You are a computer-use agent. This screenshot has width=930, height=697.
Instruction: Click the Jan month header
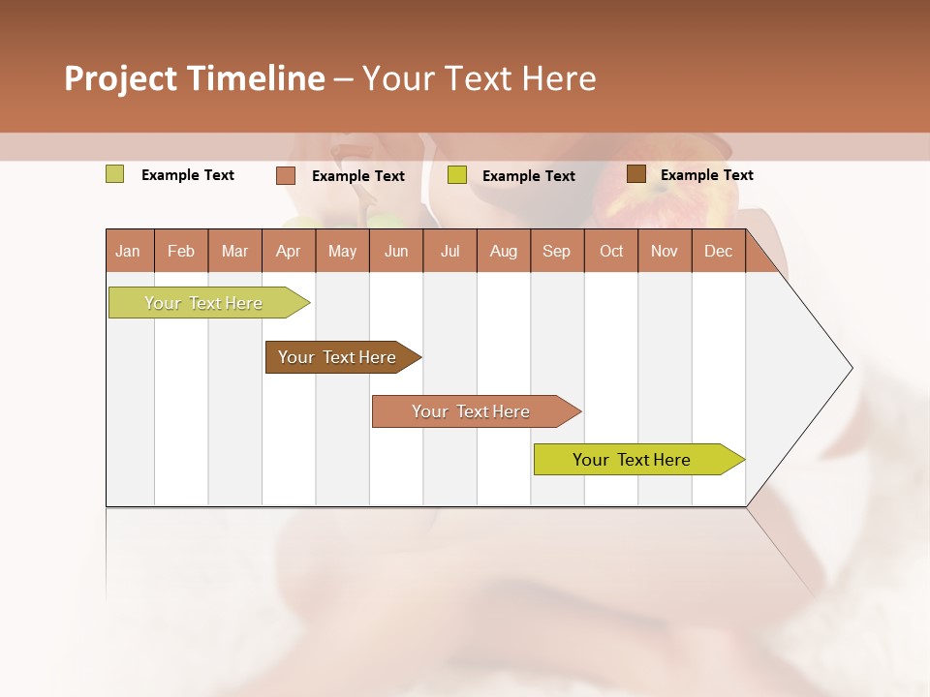(x=129, y=251)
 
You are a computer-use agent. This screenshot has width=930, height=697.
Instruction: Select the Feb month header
(x=181, y=251)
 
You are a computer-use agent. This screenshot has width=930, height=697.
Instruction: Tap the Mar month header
(x=234, y=251)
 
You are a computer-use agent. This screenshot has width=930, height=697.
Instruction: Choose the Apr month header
(x=289, y=251)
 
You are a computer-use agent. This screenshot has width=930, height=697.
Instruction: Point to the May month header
(x=342, y=251)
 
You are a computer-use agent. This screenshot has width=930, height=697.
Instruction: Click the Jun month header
(x=396, y=251)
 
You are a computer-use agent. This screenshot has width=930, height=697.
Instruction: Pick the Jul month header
(x=449, y=251)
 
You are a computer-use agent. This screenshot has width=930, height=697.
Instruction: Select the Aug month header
(x=504, y=251)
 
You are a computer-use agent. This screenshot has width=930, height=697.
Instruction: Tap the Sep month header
(x=557, y=251)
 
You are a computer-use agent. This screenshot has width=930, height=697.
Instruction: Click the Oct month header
(x=611, y=251)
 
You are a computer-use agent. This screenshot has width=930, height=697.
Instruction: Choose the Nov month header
(x=665, y=251)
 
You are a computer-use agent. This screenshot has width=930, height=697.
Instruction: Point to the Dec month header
(x=719, y=251)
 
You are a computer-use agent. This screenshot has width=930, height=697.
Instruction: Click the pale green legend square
(x=115, y=174)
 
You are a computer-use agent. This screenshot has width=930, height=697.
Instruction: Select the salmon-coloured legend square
(x=286, y=175)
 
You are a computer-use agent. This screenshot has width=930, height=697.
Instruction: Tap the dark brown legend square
(x=636, y=174)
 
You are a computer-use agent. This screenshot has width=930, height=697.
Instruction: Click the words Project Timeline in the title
(x=195, y=78)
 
